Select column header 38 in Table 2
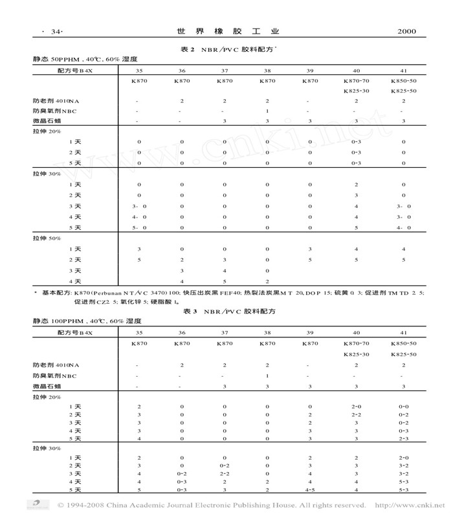point(267,70)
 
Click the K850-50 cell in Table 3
point(403,343)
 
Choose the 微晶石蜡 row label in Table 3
point(47,385)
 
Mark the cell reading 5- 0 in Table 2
point(140,227)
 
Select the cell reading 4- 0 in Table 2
point(140,217)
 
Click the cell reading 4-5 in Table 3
point(311,490)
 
